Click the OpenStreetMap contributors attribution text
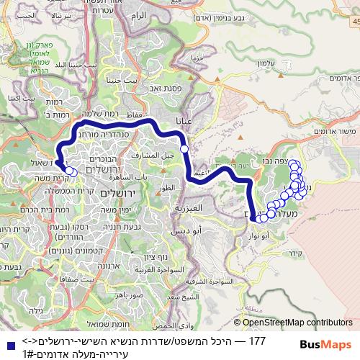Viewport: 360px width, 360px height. pyautogui.click(x=296, y=323)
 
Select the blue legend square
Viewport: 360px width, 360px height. pyautogui.click(x=8, y=342)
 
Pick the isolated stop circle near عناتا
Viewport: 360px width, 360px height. pyautogui.click(x=184, y=148)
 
